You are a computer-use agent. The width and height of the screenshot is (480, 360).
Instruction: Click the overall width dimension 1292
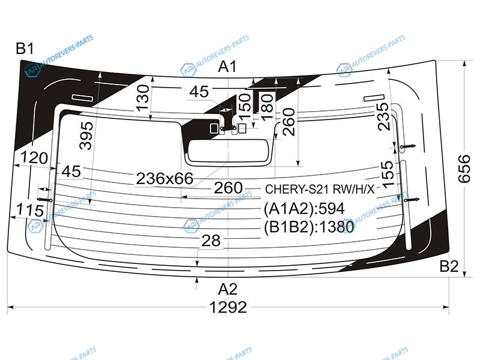(228, 307)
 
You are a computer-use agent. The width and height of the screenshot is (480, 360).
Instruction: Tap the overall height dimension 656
(464, 169)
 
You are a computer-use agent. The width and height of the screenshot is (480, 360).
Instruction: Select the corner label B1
(25, 49)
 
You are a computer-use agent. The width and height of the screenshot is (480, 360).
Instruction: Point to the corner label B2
(449, 266)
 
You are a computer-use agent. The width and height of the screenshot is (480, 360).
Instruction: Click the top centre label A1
(227, 67)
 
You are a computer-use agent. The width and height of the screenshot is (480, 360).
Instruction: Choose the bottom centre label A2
(228, 289)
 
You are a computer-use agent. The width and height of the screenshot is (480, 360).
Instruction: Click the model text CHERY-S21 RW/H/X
(320, 190)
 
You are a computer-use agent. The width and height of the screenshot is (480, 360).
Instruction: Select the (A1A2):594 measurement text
(304, 209)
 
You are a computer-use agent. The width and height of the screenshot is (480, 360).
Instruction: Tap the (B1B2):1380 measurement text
(309, 227)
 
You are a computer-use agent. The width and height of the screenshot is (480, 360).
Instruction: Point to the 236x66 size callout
(164, 178)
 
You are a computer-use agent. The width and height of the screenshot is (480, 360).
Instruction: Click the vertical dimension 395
(86, 136)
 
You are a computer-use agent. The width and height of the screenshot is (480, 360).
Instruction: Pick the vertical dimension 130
(143, 98)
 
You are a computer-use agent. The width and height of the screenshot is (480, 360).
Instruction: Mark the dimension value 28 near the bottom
(211, 241)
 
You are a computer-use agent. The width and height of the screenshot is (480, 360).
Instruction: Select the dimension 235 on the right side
(383, 116)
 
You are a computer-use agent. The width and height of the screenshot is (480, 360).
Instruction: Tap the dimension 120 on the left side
(34, 158)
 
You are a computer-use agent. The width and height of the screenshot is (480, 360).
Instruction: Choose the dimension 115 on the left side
(30, 211)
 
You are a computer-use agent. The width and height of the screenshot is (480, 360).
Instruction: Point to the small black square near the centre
(214, 128)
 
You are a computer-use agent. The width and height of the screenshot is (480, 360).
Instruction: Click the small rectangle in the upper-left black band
(82, 98)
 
